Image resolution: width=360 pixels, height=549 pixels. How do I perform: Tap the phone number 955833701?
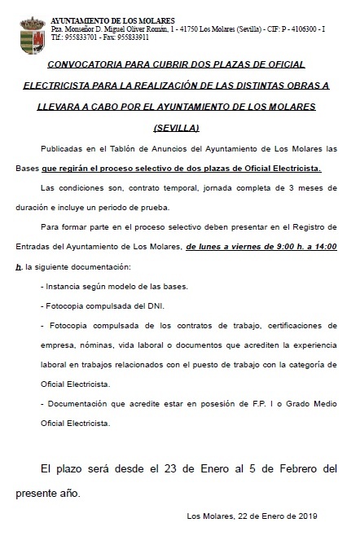(81, 37)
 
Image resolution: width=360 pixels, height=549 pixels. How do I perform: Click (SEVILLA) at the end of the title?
(176, 129)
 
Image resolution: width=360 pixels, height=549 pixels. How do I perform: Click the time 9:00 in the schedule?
(268, 246)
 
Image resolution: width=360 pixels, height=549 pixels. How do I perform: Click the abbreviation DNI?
(152, 305)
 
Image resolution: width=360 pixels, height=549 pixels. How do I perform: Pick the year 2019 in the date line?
(304, 516)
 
